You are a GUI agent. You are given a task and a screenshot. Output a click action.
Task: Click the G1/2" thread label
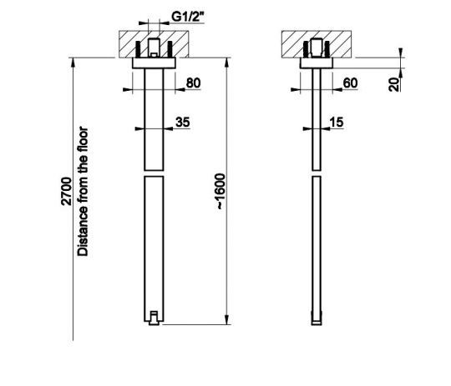click(x=188, y=17)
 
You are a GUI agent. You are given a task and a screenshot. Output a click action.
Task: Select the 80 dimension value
click(x=193, y=83)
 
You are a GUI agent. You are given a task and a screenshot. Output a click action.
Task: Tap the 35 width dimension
click(x=183, y=122)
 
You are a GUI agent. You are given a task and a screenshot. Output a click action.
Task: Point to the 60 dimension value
click(x=350, y=83)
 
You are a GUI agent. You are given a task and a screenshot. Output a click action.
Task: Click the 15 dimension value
click(x=337, y=122)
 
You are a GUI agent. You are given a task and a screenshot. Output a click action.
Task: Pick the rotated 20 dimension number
click(x=394, y=84)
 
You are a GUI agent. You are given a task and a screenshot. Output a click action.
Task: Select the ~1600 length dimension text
click(x=220, y=191)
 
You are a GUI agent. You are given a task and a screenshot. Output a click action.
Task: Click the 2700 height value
click(x=67, y=191)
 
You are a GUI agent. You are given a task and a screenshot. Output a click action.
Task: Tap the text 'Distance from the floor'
click(x=83, y=191)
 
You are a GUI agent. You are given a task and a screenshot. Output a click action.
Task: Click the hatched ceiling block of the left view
click(x=154, y=44)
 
